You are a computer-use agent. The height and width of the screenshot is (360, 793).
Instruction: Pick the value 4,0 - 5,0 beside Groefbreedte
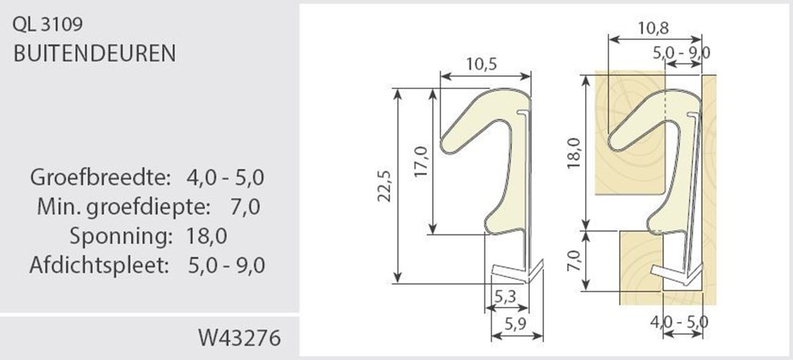click(x=226, y=176)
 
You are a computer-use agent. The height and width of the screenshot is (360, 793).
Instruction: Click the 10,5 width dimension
click(x=485, y=65)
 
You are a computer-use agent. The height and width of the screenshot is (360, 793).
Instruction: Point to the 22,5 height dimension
click(x=385, y=186)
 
